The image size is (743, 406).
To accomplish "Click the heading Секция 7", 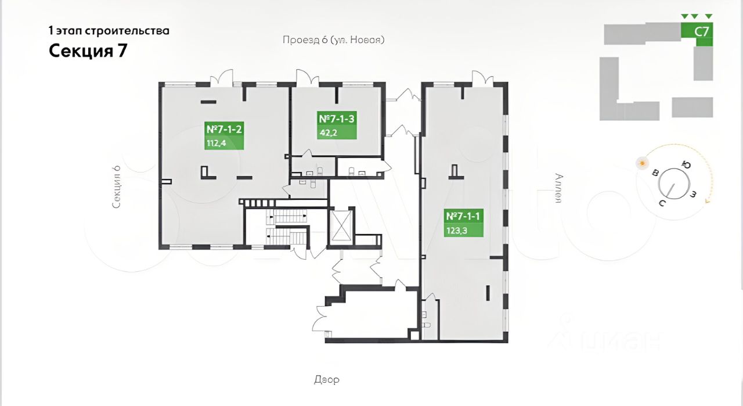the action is tap(88, 51).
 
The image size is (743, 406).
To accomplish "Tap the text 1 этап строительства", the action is tap(109, 31).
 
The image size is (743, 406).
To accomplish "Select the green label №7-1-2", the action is tap(223, 130).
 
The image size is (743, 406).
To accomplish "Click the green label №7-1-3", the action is tap(337, 119).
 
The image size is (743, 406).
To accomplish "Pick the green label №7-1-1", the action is tap(464, 217).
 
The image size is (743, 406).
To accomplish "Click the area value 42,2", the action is tap(328, 132).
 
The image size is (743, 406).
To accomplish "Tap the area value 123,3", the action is tap(456, 229).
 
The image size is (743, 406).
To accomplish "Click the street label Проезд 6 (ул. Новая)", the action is tap(334, 40).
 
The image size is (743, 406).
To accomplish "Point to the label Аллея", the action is tap(558, 189).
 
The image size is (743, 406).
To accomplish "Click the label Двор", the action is tap(327, 380).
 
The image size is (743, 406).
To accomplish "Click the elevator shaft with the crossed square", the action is tap(341, 225).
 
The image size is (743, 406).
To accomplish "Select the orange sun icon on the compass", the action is tap(642, 163).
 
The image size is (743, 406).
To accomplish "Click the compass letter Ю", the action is tap(687, 165).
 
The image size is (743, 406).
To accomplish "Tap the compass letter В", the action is tap(655, 173).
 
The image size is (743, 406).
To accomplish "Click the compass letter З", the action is tap(693, 193).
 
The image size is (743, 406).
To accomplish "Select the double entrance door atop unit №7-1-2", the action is tap(222, 78).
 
